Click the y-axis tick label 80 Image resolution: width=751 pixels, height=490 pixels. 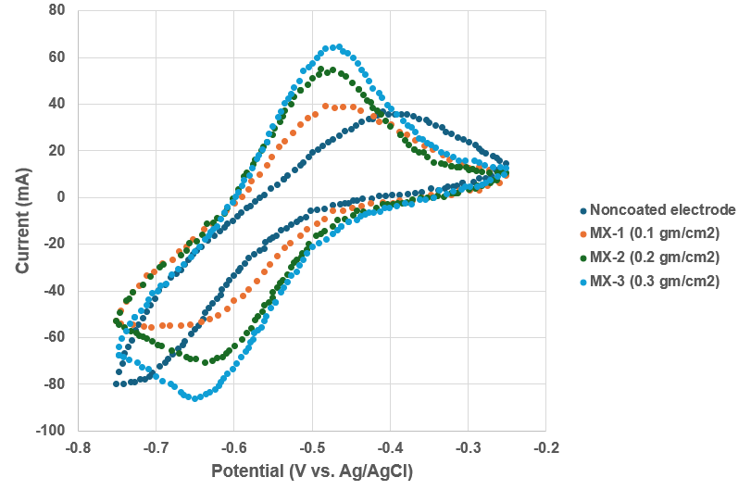(58, 11)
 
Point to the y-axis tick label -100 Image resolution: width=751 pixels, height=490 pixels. (52, 431)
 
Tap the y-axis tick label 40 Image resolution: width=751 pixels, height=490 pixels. (58, 104)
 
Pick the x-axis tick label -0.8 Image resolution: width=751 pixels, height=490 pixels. (78, 448)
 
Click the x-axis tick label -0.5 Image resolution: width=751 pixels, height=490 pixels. (311, 448)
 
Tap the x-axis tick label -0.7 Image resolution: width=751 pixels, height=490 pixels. (156, 448)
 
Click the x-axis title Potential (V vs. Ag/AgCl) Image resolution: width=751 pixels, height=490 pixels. (312, 471)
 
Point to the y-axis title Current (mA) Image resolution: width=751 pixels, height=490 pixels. (22, 220)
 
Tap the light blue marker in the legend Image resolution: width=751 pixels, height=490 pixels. (582, 281)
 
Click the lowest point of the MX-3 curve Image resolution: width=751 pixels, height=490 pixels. (194, 397)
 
